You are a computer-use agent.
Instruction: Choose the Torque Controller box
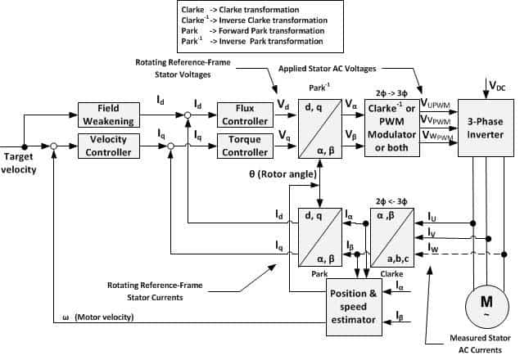pos(242,146)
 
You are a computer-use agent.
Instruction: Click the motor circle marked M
pos(480,305)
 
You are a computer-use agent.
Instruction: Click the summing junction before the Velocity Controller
pos(54,146)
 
